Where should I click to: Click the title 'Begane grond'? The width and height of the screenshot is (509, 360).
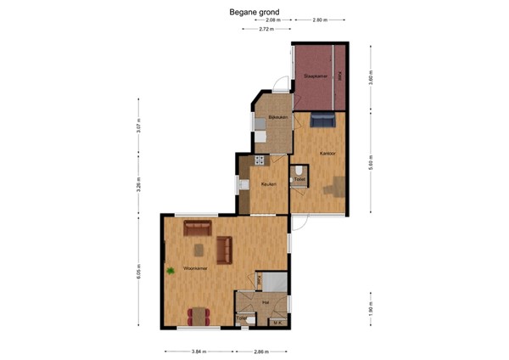pos(254,13)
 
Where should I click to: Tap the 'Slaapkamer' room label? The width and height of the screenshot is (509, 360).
pos(315,76)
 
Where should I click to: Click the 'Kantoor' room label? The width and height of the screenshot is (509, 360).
pos(327,153)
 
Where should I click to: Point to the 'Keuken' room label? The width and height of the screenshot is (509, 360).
pos(268,183)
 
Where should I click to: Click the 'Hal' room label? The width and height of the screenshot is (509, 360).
pos(266,301)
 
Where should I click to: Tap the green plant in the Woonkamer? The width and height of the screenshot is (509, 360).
pos(171,271)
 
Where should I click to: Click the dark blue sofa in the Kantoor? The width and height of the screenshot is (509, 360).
pos(322,121)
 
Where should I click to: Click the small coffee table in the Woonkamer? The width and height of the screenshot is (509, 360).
pos(199,249)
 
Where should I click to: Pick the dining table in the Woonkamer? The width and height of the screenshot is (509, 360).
pos(199,316)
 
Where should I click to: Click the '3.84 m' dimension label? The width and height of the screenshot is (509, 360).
pos(198,351)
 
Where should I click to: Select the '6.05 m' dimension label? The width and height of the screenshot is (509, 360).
pos(139,270)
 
